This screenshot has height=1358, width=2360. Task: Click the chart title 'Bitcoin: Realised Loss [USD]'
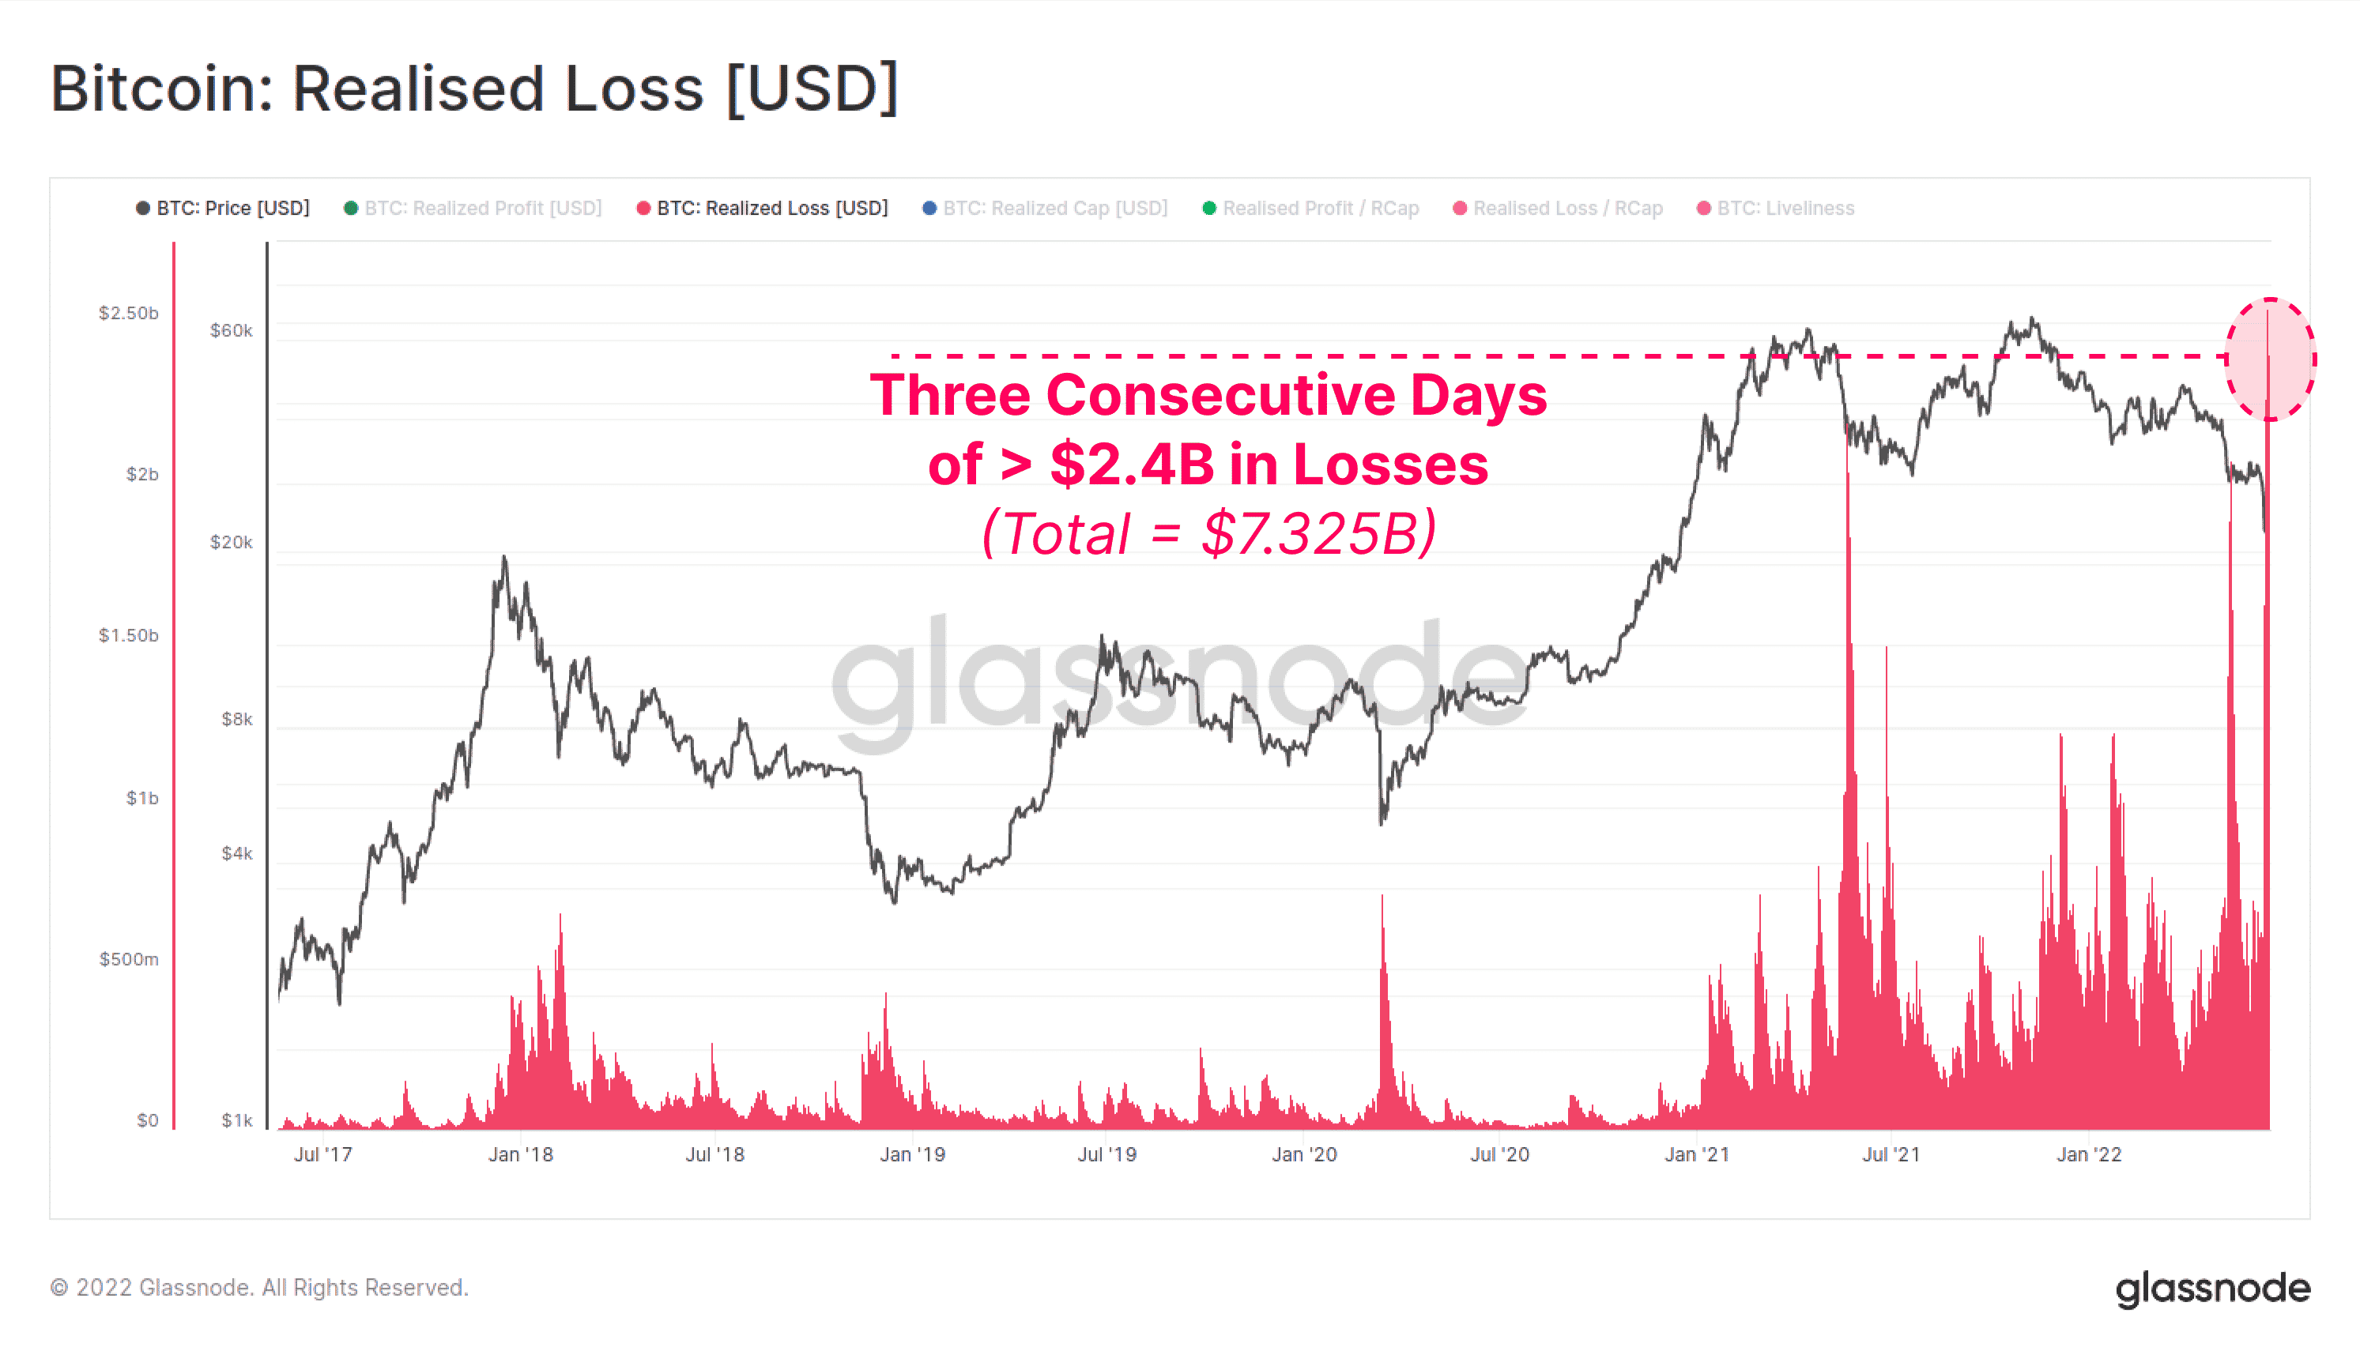[474, 88]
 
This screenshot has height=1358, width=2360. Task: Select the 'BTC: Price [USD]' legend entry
[223, 208]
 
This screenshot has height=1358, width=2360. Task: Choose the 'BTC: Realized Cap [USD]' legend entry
[1045, 208]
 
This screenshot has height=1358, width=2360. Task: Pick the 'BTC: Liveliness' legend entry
[1775, 208]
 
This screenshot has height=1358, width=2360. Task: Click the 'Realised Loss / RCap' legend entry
[1558, 208]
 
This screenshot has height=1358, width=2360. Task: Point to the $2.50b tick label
[129, 313]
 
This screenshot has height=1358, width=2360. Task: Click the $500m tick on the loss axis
[129, 959]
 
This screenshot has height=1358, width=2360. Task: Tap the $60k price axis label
[231, 330]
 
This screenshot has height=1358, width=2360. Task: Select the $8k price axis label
[236, 718]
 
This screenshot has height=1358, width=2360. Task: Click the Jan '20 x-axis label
[1304, 1155]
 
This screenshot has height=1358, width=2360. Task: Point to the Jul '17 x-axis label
[322, 1155]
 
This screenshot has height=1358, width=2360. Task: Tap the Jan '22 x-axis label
[2089, 1155]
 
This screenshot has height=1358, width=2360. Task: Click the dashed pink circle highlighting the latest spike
[2270, 359]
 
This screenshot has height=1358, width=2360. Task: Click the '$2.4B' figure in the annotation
[1132, 465]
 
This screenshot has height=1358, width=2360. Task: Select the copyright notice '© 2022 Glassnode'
[258, 1288]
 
